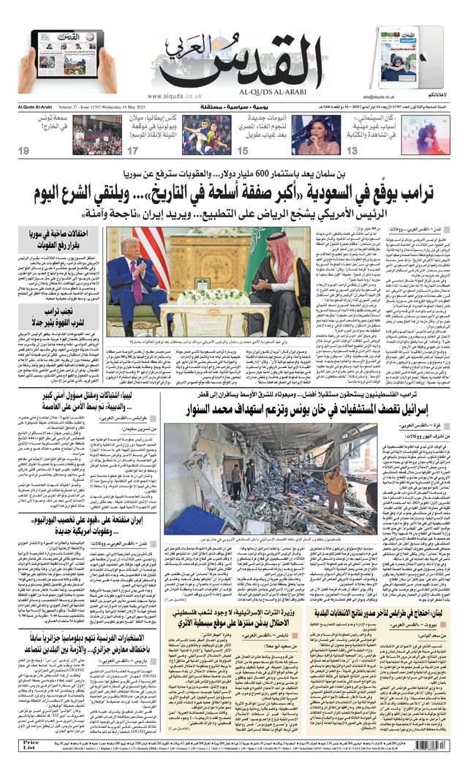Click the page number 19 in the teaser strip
coord(24,151)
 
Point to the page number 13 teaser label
coord(352,151)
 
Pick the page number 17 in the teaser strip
coord(132,151)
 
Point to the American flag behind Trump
coord(154,252)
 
